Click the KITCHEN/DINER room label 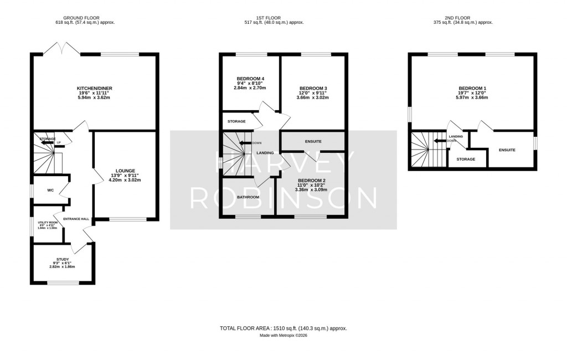coord(94,89)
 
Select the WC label coord(50,191)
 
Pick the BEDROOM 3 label coord(313,89)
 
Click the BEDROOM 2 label coord(311,181)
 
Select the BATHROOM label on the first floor coord(248,197)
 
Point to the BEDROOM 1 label coord(472,89)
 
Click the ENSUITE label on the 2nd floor coord(507,150)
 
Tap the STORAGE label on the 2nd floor coord(466,160)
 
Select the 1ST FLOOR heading coord(283,18)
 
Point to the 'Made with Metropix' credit coord(283,336)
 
